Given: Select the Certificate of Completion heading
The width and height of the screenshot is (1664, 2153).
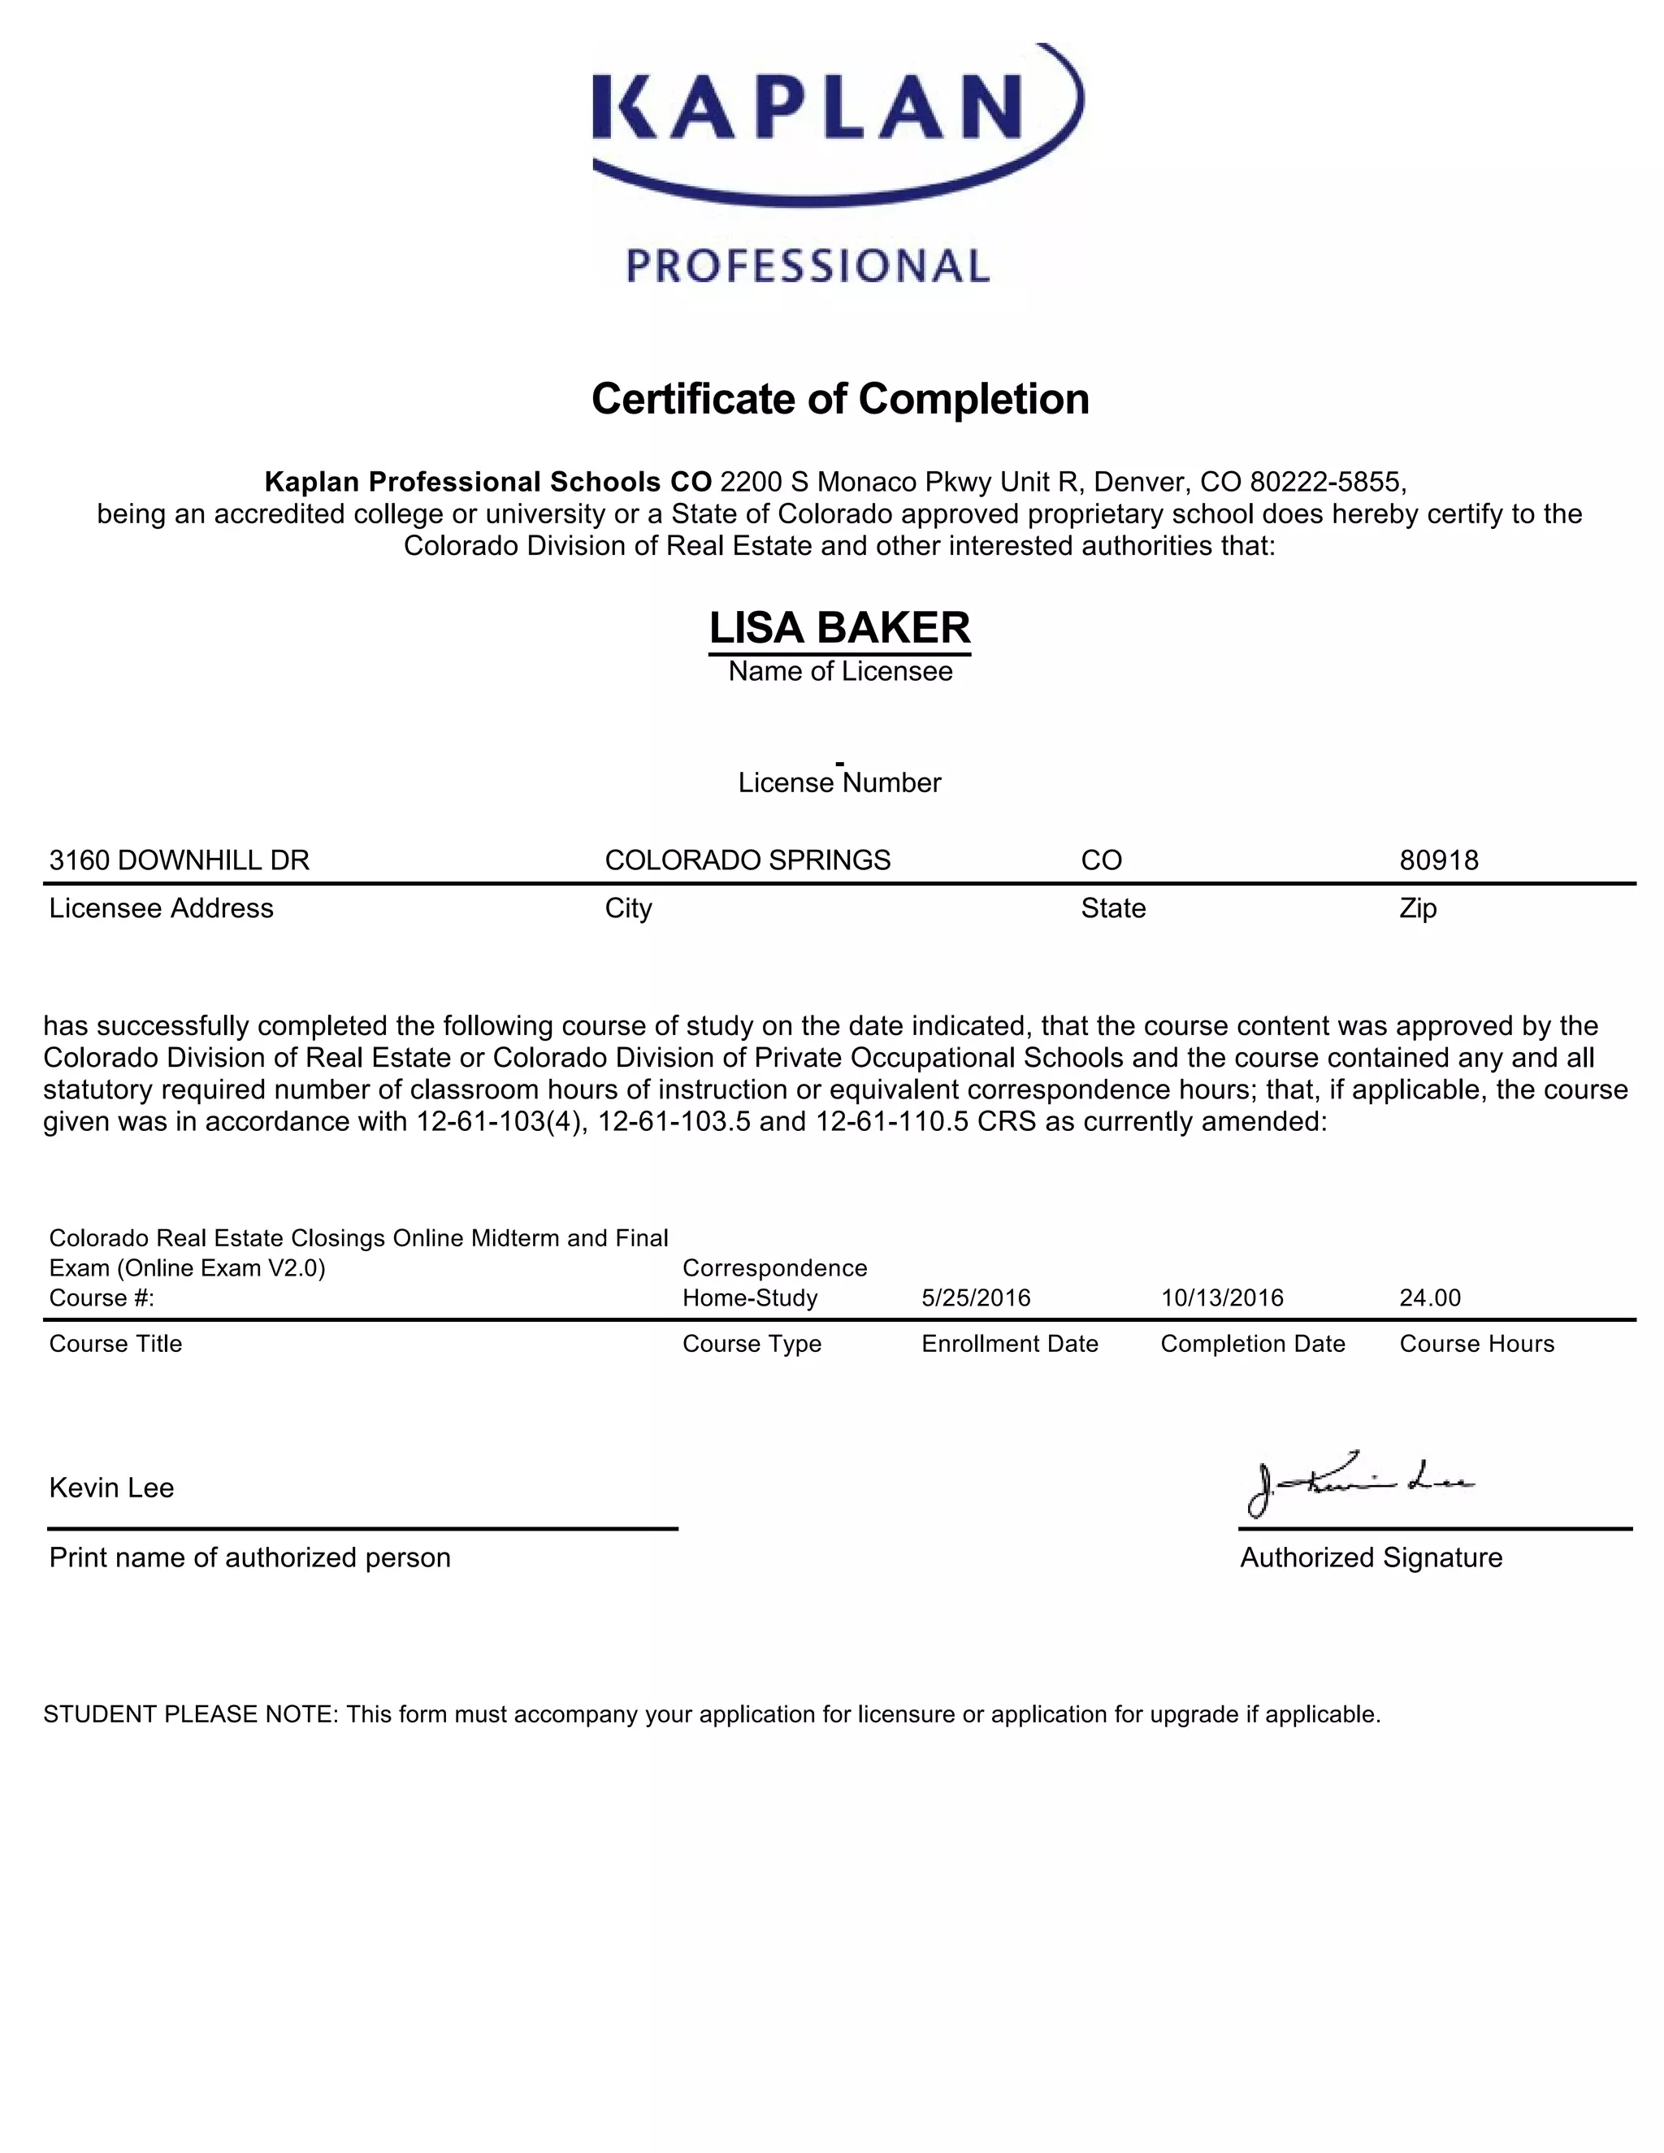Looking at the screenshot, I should tap(840, 399).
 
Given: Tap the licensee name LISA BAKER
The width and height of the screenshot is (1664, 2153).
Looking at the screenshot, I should tap(840, 628).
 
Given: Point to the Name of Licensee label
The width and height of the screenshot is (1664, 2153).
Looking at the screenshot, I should tap(840, 671).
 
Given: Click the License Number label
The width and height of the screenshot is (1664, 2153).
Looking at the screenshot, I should tap(840, 782).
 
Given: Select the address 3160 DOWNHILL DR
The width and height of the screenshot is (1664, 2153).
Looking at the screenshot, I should tap(180, 860).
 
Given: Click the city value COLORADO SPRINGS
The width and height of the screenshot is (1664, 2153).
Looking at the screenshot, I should tap(747, 860).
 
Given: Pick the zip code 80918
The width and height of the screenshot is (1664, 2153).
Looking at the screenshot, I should tap(1438, 860).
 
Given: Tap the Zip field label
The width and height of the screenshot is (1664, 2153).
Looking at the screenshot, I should tap(1418, 908).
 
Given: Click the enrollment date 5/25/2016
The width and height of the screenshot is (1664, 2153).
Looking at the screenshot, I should tap(976, 1297).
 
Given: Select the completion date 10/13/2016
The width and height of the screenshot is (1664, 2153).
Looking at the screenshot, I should tap(1222, 1297).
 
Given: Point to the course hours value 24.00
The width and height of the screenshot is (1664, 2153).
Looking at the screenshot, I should tap(1429, 1297).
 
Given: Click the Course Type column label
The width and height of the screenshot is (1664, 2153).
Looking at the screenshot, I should tap(752, 1344).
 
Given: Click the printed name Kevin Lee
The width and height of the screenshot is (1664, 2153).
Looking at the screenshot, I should tap(111, 1488).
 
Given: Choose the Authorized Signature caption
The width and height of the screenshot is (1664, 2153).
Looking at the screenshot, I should tap(1370, 1557).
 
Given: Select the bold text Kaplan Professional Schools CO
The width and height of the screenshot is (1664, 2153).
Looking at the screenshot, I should tap(488, 482).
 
